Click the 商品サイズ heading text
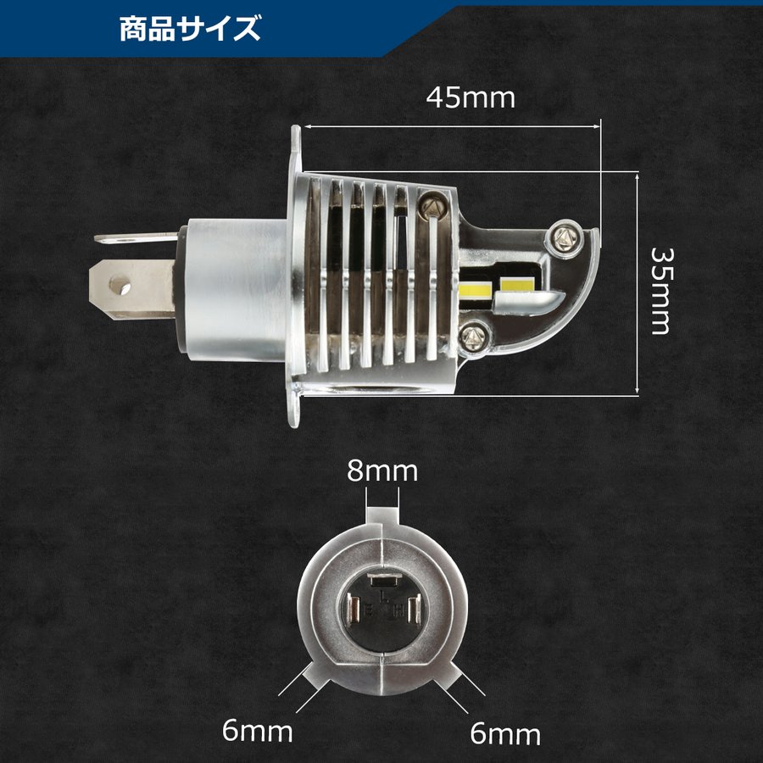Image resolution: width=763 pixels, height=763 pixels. pyautogui.click(x=188, y=29)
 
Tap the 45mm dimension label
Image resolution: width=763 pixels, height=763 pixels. pyautogui.click(x=471, y=97)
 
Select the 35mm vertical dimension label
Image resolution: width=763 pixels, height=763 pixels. pyautogui.click(x=661, y=291)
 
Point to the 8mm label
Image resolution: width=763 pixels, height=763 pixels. pyautogui.click(x=383, y=471)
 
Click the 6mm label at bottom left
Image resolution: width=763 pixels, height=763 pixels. pyautogui.click(x=259, y=730)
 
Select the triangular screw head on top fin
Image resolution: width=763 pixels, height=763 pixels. pyautogui.click(x=431, y=204)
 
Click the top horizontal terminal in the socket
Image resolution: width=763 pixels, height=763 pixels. pyautogui.click(x=381, y=581)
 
